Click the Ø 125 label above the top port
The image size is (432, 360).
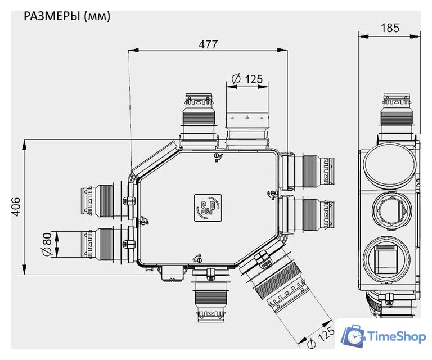coord(247,79)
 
